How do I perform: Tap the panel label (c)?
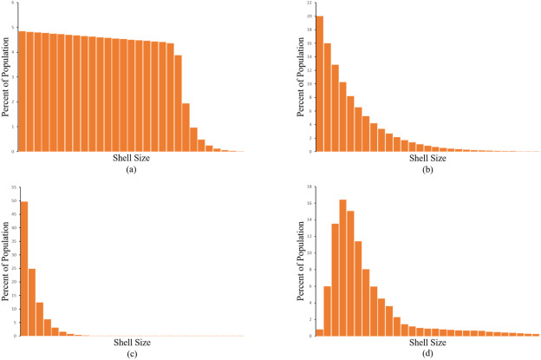point(131,354)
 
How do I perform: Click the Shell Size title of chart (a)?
point(131,158)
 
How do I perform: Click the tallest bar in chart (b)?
point(320,83)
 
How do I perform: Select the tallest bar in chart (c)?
point(24,269)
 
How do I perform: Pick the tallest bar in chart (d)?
point(343,267)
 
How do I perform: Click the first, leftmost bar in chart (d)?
point(319,332)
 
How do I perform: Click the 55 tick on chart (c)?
point(10,188)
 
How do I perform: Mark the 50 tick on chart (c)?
point(10,201)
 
